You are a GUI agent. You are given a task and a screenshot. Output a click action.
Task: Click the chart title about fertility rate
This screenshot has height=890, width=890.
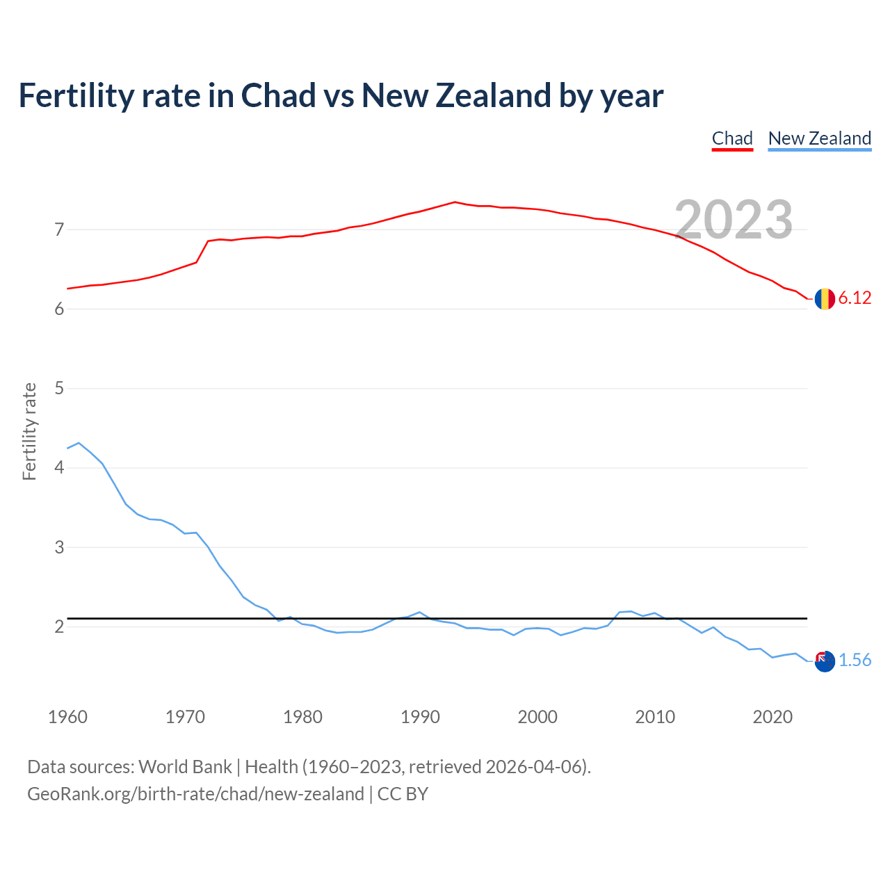point(341,96)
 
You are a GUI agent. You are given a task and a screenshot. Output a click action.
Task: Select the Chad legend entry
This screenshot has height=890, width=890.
point(732,138)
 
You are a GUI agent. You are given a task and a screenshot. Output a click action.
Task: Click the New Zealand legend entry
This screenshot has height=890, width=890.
point(819,138)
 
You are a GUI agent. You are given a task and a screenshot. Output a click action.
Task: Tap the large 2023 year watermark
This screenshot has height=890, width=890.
point(734,220)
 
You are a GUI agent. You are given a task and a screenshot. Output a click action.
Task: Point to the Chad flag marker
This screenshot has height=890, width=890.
point(825,299)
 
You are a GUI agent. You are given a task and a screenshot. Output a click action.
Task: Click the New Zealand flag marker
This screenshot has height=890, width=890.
point(825,661)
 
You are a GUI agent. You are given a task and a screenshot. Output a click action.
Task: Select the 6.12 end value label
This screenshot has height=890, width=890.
point(855,298)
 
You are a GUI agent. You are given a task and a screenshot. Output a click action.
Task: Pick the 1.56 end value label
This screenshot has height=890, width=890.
point(855,661)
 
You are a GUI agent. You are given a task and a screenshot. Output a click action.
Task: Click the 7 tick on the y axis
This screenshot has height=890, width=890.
point(59,229)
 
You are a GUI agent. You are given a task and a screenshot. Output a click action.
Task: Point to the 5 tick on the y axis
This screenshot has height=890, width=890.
point(59,388)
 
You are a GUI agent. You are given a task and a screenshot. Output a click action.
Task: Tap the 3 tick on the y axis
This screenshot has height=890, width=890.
point(59,547)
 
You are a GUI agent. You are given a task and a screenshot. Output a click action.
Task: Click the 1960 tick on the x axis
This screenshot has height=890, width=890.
point(67,717)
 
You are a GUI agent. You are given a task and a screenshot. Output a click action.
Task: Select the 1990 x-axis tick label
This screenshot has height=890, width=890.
point(420,717)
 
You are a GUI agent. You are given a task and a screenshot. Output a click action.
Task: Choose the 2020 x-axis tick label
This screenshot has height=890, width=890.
point(772,717)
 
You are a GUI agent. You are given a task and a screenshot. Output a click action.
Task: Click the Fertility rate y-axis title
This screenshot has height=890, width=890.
point(29,431)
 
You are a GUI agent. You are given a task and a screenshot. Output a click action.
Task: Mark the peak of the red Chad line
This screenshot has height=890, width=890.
point(455,202)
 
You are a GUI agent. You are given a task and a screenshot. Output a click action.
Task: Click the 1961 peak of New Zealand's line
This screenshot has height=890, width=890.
point(79,443)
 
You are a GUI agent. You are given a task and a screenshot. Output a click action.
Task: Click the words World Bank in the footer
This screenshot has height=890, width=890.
point(185,767)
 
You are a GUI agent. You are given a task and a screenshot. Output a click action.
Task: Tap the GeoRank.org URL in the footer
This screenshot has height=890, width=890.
point(195,794)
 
